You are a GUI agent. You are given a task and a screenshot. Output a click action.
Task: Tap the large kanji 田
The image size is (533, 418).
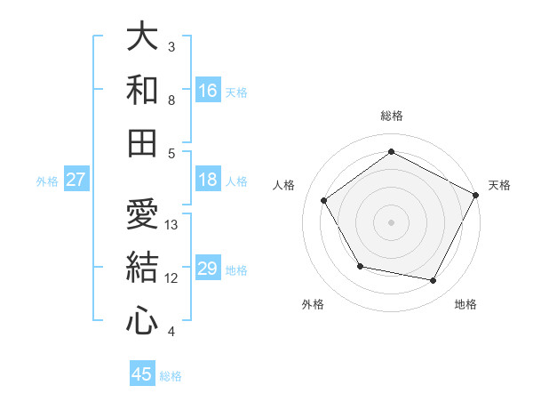(x=142, y=142)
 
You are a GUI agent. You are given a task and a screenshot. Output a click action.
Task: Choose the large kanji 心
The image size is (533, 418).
(x=142, y=320)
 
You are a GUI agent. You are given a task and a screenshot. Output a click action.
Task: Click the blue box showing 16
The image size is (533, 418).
(x=208, y=90)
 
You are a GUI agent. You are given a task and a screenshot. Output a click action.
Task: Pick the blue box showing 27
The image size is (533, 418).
(x=76, y=181)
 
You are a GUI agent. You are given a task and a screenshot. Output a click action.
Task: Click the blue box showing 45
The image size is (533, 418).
(x=142, y=374)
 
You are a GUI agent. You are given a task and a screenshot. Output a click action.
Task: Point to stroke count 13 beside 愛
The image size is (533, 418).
(x=172, y=225)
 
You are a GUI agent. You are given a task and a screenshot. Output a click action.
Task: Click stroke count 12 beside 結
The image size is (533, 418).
(x=172, y=278)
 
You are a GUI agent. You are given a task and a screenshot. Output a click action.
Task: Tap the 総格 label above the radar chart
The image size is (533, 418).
(x=391, y=116)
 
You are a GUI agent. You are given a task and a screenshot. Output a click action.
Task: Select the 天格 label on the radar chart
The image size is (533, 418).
(x=500, y=185)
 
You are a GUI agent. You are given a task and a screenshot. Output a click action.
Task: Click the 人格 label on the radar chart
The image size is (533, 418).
(x=284, y=185)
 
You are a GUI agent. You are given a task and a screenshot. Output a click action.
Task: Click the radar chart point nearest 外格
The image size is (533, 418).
(x=359, y=266)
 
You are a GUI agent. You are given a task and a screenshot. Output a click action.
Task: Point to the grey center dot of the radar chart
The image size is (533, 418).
(x=391, y=221)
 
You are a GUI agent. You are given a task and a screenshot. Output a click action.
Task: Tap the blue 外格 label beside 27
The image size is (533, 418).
(x=47, y=181)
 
